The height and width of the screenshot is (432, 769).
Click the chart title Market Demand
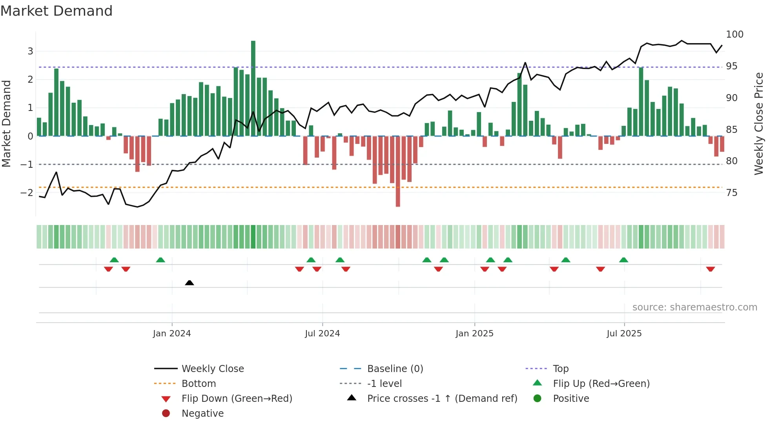coord(56,11)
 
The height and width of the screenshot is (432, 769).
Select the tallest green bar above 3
coord(253,88)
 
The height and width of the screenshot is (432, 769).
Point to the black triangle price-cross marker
coord(190,283)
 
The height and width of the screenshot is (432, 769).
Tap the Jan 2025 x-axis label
coord(474,334)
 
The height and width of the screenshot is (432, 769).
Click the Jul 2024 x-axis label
coord(322,334)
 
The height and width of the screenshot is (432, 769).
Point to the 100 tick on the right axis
coord(734,34)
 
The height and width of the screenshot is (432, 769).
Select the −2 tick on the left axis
coord(27,192)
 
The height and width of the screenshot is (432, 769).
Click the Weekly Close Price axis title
coord(759,123)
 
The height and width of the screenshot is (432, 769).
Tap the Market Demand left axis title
coord(6,123)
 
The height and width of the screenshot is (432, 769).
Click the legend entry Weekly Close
coord(212,369)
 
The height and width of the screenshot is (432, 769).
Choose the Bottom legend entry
coord(199,384)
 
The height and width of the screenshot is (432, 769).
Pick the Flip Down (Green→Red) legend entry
coord(237,399)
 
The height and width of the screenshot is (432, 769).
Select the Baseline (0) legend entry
coord(395,369)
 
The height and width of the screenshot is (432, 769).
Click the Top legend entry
coord(560,369)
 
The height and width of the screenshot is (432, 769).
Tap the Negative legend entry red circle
coord(166,414)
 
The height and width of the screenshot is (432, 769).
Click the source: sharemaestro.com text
coord(694,307)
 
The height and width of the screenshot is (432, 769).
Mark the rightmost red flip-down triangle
coord(710,269)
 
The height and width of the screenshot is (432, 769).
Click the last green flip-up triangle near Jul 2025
coord(623,260)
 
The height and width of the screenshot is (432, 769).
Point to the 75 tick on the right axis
coord(731,193)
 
